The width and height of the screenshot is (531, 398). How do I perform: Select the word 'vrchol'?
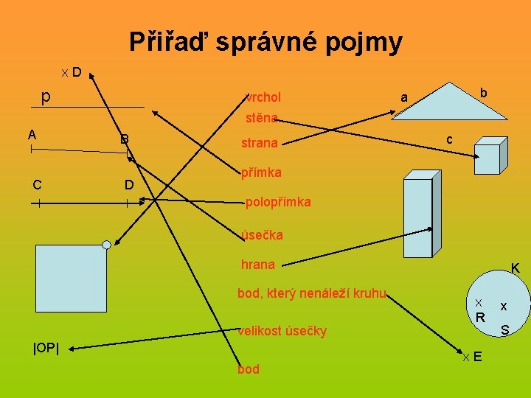pos(263,97)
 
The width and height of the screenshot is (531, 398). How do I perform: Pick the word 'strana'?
pos(260,143)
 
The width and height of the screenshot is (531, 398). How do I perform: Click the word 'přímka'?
pos(261,173)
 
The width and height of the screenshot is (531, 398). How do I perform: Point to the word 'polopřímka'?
pos(278,202)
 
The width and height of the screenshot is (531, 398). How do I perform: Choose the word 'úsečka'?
pos(262,235)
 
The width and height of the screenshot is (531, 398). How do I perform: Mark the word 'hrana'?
pos(258,265)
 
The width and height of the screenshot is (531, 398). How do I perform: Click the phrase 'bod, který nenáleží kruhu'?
pos(312,293)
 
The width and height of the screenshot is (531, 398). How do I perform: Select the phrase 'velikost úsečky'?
pos(282,331)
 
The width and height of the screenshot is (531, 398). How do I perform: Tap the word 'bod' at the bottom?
pos(249,369)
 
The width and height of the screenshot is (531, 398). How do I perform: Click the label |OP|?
pos(46,347)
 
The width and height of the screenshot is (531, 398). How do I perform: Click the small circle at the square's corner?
pos(107,244)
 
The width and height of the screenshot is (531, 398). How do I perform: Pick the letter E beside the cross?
pos(478,357)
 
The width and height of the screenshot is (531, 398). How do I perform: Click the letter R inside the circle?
pos(480,318)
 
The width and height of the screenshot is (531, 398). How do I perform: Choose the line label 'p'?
pos(46,97)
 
